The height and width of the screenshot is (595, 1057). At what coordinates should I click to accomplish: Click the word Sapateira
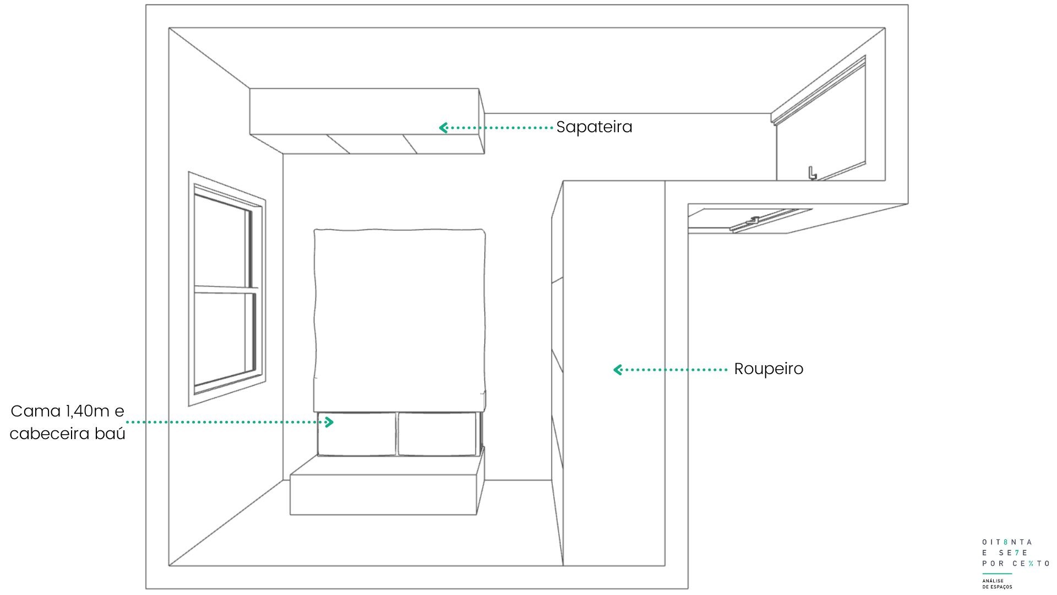[594, 127]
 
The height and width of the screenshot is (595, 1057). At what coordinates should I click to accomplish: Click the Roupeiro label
[769, 369]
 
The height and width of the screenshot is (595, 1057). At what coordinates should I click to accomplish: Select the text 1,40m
[87, 412]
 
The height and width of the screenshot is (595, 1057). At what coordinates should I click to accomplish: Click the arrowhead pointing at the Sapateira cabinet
[443, 128]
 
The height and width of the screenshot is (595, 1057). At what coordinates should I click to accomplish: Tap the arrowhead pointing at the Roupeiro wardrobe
[618, 370]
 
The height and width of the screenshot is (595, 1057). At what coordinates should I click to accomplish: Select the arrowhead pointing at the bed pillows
[329, 422]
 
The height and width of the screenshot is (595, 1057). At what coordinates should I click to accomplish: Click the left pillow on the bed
[357, 434]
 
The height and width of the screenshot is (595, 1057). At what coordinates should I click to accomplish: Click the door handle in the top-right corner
[812, 173]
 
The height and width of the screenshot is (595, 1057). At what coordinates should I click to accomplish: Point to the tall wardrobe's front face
[614, 373]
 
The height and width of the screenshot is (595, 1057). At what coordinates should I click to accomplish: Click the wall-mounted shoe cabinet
[367, 121]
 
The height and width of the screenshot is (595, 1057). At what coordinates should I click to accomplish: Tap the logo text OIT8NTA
[1007, 542]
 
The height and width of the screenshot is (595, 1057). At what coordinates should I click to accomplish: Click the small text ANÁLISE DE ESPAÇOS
[997, 584]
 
